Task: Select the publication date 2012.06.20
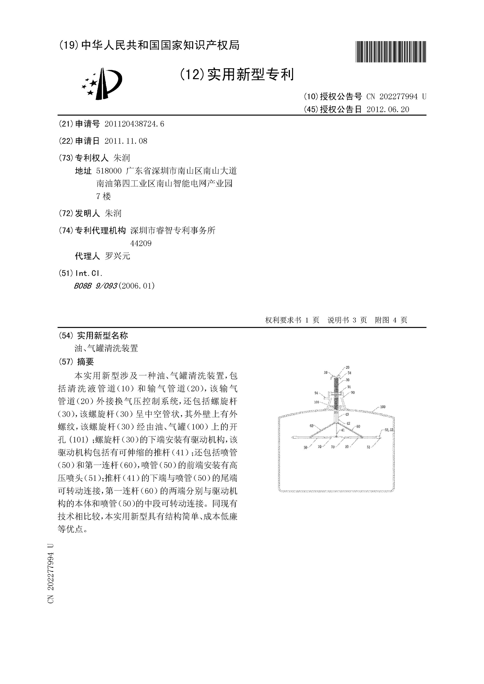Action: coord(388,110)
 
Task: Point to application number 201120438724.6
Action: coord(134,124)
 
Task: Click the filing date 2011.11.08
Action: coord(126,141)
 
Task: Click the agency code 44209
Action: coord(141,243)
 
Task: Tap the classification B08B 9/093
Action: coord(95,286)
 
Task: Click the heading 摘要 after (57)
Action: coord(85,362)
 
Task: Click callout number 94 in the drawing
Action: coord(316,393)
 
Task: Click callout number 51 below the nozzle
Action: coord(368,447)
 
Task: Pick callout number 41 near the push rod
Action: coord(343,430)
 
